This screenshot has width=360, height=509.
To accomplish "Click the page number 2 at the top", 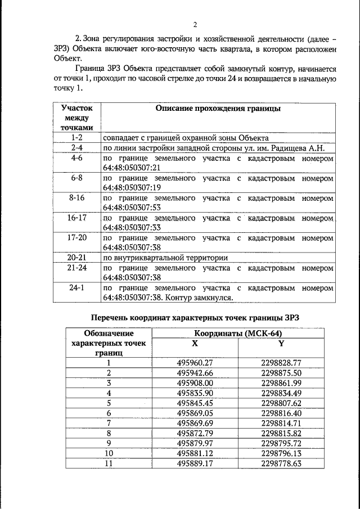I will tap(194, 25).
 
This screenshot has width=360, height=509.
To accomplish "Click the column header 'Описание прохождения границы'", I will tap(217, 109).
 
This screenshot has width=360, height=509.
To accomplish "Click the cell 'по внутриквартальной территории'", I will tap(165, 258).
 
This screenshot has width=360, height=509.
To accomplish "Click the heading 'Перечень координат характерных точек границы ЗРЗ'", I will tap(196, 317).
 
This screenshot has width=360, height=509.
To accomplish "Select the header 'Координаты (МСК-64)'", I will tap(238, 334).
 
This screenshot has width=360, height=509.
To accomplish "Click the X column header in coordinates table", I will tap(195, 343).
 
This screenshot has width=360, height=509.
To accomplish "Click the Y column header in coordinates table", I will tap(281, 343).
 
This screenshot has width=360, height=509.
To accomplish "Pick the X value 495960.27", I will tap(195, 363).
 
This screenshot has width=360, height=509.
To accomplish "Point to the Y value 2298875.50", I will tap(281, 373).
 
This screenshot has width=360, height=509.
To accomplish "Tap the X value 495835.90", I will tap(195, 393).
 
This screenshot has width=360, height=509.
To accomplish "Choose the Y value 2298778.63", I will tap(281, 463).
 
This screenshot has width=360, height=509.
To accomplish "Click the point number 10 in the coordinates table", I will tap(109, 453).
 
